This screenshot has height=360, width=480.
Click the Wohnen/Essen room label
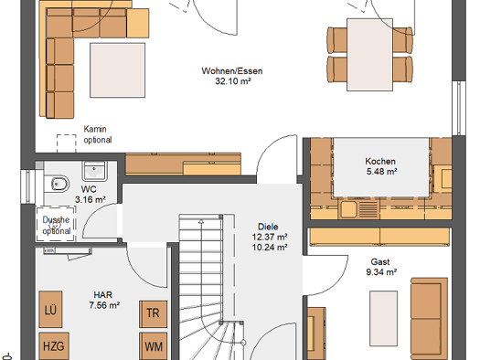[232, 71]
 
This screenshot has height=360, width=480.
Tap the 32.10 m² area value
[233, 81]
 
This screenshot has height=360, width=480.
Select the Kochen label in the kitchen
[380, 161]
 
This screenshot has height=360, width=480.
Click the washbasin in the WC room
[94, 171]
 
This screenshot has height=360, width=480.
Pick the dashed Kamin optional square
[67, 143]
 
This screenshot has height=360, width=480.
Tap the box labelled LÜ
[50, 310]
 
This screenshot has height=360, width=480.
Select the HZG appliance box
[54, 346]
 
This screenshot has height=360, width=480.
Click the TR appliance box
[153, 313]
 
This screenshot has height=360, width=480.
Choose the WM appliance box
[153, 346]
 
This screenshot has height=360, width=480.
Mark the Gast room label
[380, 262]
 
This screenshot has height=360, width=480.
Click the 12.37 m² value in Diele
[270, 237]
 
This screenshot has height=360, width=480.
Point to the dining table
[369, 55]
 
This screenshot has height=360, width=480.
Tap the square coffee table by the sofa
[117, 70]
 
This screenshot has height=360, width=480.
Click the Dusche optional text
[57, 225]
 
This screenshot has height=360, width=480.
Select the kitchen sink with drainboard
[358, 209]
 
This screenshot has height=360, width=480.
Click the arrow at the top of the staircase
[201, 221]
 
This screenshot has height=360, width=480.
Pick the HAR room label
[102, 295]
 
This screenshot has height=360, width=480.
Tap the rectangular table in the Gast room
[384, 318]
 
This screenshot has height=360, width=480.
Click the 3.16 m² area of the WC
[91, 199]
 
